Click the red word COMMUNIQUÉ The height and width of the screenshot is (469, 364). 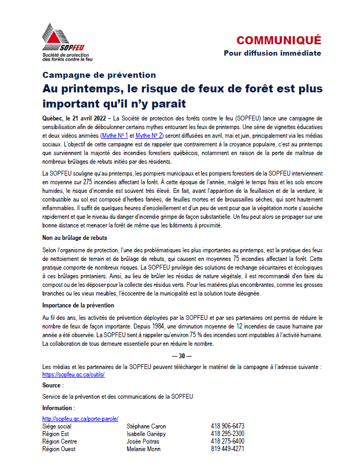[278, 40]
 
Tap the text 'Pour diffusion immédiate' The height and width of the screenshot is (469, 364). [272, 53]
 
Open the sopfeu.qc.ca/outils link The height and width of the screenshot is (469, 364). [73, 374]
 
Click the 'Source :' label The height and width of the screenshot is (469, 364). [53, 385]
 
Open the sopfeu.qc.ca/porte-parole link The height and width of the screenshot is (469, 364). [80, 419]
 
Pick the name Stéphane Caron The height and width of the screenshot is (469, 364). [146, 426]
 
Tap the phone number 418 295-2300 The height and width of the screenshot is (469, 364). [227, 433]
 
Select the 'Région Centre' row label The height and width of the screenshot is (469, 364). [59, 441]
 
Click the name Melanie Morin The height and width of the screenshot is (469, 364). [144, 448]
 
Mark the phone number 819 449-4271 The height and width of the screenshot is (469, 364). [227, 448]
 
